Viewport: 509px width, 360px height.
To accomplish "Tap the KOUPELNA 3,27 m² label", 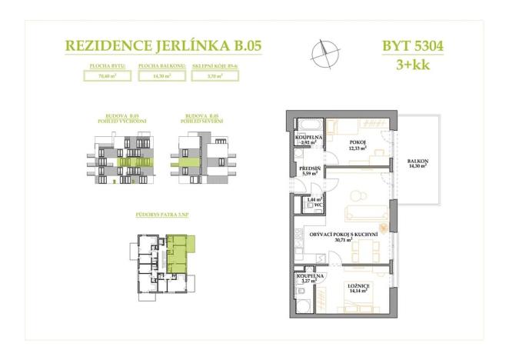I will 311,278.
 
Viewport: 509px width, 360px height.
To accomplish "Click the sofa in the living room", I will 366,213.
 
